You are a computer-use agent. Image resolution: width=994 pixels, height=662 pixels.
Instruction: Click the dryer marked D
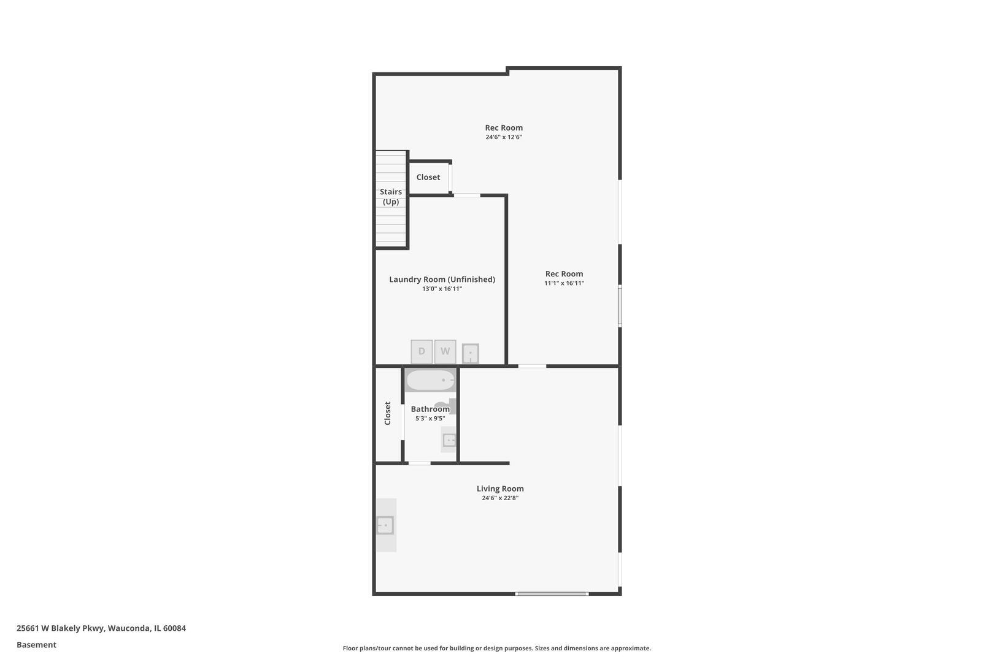(x=422, y=352)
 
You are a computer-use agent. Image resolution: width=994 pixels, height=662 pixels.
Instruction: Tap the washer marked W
(x=445, y=352)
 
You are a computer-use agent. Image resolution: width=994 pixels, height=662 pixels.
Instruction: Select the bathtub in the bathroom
(x=431, y=381)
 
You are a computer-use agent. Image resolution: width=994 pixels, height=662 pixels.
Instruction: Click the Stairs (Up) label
(x=391, y=197)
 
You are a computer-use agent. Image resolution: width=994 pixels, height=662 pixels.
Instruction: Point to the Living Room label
(x=500, y=489)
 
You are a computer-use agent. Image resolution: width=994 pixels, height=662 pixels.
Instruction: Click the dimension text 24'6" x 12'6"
(x=504, y=137)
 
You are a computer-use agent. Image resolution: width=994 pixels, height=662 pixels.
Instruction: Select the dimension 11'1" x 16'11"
(x=564, y=283)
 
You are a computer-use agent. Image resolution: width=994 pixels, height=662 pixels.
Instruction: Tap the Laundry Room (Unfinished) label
(x=442, y=280)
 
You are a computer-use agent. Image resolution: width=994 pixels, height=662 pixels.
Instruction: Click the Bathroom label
(x=430, y=409)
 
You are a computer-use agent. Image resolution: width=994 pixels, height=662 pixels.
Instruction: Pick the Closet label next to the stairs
(x=428, y=177)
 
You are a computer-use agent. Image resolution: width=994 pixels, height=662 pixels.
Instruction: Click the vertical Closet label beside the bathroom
(x=388, y=413)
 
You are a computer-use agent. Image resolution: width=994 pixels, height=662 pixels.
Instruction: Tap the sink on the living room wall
(x=385, y=525)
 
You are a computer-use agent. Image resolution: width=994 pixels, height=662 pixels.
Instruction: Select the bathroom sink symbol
(x=450, y=440)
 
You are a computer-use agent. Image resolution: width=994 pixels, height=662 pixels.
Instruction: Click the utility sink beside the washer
(x=470, y=354)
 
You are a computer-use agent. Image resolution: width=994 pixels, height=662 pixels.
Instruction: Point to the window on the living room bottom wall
(x=552, y=593)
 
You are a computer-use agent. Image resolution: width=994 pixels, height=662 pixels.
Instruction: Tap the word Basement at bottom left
(x=36, y=645)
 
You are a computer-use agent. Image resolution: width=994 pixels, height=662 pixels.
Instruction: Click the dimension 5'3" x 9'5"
(x=430, y=419)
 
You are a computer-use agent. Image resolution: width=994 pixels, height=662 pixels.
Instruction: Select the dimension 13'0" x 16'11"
(x=442, y=289)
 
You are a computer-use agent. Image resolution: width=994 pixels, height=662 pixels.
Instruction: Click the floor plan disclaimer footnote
(x=496, y=648)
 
